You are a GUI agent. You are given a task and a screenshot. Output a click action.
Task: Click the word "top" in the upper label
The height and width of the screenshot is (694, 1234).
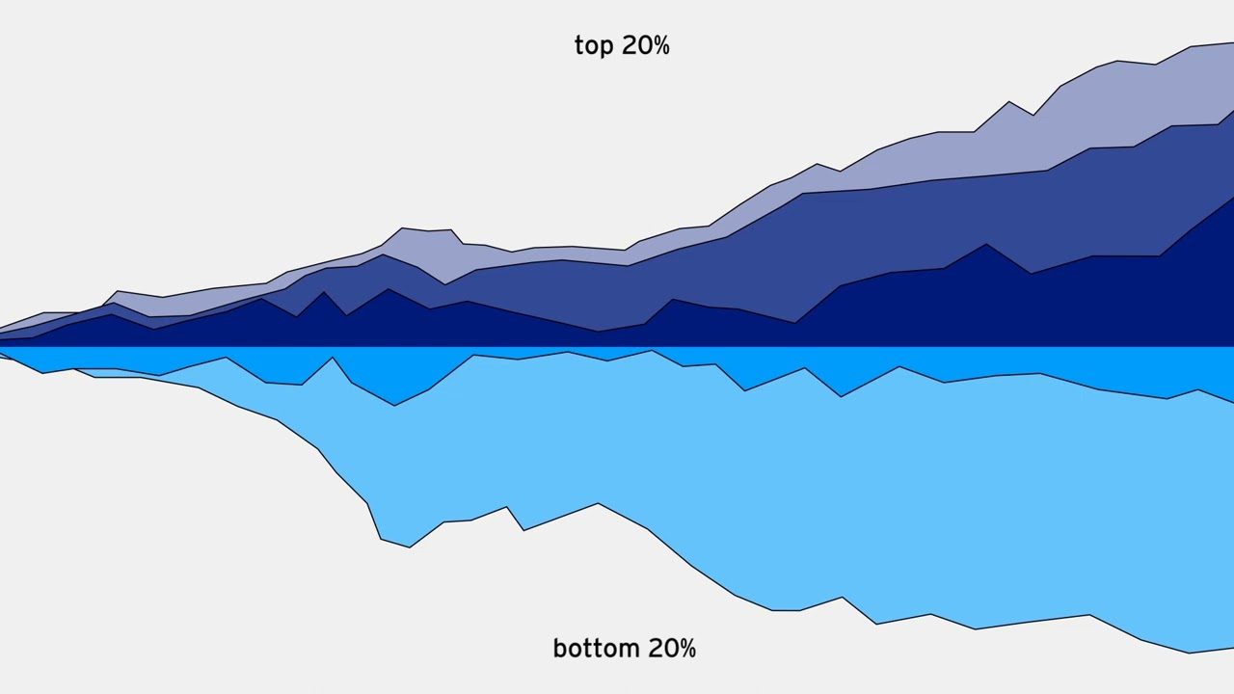pos(594,46)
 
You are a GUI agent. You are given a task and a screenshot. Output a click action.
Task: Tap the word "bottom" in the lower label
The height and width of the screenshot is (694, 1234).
pos(595,648)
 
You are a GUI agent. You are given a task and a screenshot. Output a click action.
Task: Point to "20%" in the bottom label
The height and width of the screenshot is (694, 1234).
pos(672,648)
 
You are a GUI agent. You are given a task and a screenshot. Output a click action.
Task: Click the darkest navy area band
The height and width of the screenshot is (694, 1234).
pos(964,308)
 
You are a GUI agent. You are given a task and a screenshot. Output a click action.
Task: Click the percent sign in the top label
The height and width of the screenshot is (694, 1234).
pos(660,45)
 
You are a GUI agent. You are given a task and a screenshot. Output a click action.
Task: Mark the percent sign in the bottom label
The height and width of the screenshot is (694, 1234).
pos(686,648)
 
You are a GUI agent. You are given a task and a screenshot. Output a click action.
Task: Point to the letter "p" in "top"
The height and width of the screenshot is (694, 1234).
pos(607,48)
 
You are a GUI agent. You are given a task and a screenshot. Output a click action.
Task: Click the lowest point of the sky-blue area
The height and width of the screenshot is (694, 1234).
pos(1189,652)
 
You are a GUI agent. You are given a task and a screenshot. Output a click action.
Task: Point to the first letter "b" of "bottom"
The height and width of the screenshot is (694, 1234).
pos(559,648)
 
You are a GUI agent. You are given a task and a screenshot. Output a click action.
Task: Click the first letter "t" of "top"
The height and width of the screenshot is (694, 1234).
pos(578,46)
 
